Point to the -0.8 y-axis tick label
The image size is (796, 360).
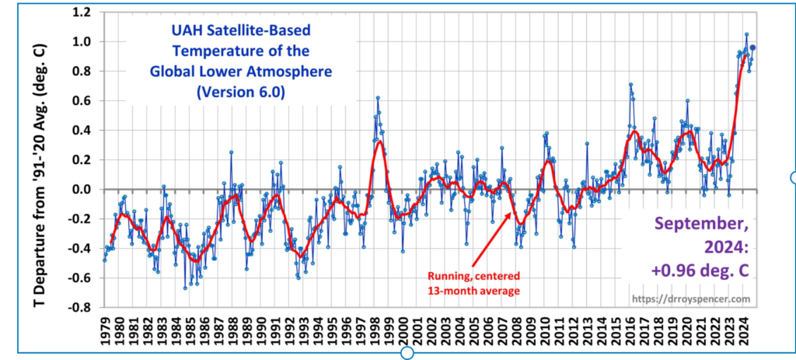(x=80, y=307)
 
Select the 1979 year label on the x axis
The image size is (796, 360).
(x=106, y=330)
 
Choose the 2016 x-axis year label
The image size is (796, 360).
(x=629, y=330)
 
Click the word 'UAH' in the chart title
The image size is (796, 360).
(x=186, y=33)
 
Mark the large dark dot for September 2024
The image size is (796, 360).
(x=752, y=48)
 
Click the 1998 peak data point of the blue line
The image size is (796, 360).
(x=378, y=98)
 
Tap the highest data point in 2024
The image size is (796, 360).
(x=746, y=34)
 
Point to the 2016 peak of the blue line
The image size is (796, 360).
(x=630, y=85)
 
